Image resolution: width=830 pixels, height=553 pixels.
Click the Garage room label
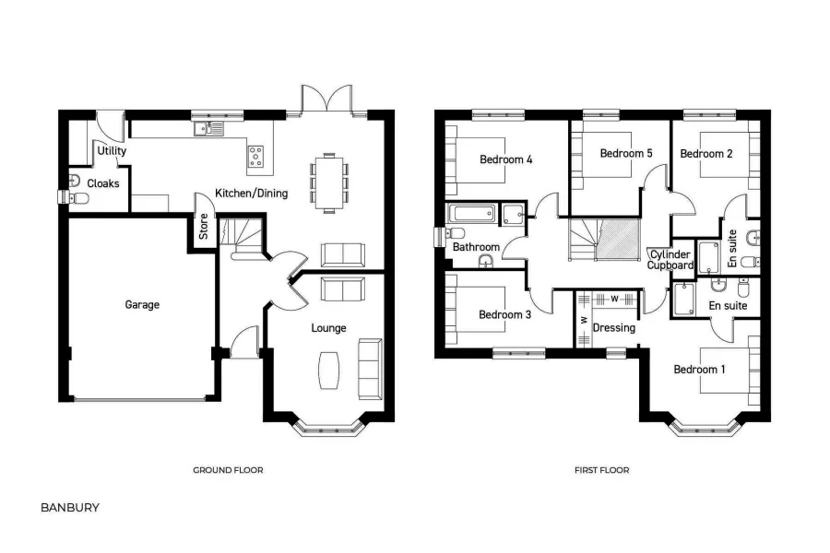click(x=143, y=304)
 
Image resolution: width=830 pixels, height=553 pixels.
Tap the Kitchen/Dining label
click(x=251, y=194)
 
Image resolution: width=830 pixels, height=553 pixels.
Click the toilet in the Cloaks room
click(x=75, y=180)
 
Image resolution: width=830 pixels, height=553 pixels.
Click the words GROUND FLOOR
click(x=228, y=470)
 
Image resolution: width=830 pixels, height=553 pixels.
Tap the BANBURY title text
click(x=70, y=507)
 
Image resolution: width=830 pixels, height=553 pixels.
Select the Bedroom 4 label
click(x=506, y=159)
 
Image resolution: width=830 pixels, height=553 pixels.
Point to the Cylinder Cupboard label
click(x=670, y=260)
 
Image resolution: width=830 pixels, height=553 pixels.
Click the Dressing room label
click(x=613, y=327)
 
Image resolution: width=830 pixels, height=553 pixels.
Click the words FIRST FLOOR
click(x=601, y=470)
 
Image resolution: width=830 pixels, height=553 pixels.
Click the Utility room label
click(x=112, y=151)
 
